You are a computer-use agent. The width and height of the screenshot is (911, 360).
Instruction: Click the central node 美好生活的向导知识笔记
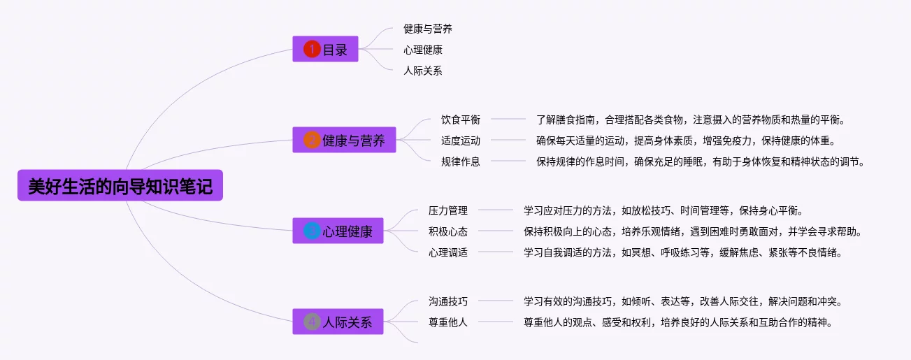pyautogui.click(x=120, y=186)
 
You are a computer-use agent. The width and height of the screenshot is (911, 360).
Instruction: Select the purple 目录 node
pyautogui.click(x=325, y=50)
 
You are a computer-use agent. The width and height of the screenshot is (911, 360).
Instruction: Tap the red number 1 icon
pyautogui.click(x=312, y=50)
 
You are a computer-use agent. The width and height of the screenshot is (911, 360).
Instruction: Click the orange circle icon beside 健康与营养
pyautogui.click(x=312, y=141)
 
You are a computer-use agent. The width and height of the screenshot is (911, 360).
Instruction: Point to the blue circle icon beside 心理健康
pyautogui.click(x=312, y=231)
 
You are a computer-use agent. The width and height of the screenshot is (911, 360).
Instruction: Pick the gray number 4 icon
pyautogui.click(x=312, y=322)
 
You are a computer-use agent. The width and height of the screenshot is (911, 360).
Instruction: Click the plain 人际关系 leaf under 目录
pyautogui.click(x=422, y=71)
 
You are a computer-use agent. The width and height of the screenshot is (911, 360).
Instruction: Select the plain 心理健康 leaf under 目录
pyautogui.click(x=422, y=50)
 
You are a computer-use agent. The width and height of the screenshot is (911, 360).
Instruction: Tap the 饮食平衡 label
pyautogui.click(x=460, y=120)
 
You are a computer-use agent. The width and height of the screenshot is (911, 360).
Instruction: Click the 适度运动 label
pyautogui.click(x=460, y=141)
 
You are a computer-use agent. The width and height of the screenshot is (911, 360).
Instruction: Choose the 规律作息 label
pyautogui.click(x=460, y=161)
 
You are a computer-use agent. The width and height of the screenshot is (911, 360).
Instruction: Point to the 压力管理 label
pyautogui.click(x=447, y=210)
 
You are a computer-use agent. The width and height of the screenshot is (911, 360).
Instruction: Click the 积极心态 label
pyautogui.click(x=447, y=231)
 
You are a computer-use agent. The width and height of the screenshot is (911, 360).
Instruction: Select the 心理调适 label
pyautogui.click(x=447, y=252)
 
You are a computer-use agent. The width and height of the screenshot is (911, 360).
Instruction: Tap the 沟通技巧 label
pyautogui.click(x=447, y=301)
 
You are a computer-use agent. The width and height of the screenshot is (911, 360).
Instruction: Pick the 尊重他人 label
pyautogui.click(x=447, y=322)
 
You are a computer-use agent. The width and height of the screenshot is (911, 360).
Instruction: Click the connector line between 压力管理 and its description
pyautogui.click(x=496, y=210)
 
